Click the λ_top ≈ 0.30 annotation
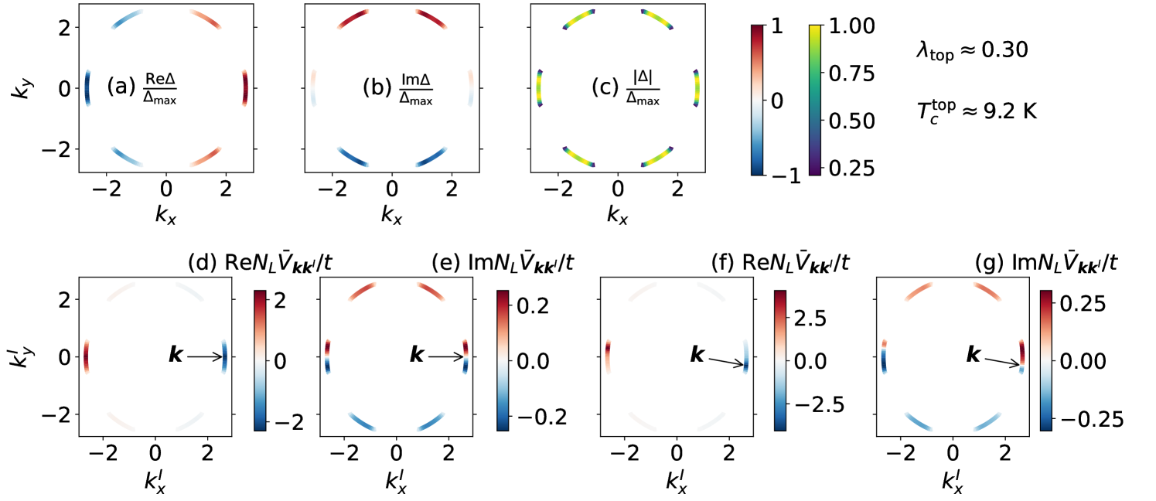pyautogui.click(x=970, y=52)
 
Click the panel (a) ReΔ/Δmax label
pyautogui.click(x=142, y=87)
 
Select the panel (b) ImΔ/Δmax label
pyautogui.click(x=398, y=87)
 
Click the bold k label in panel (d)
pyautogui.click(x=176, y=356)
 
